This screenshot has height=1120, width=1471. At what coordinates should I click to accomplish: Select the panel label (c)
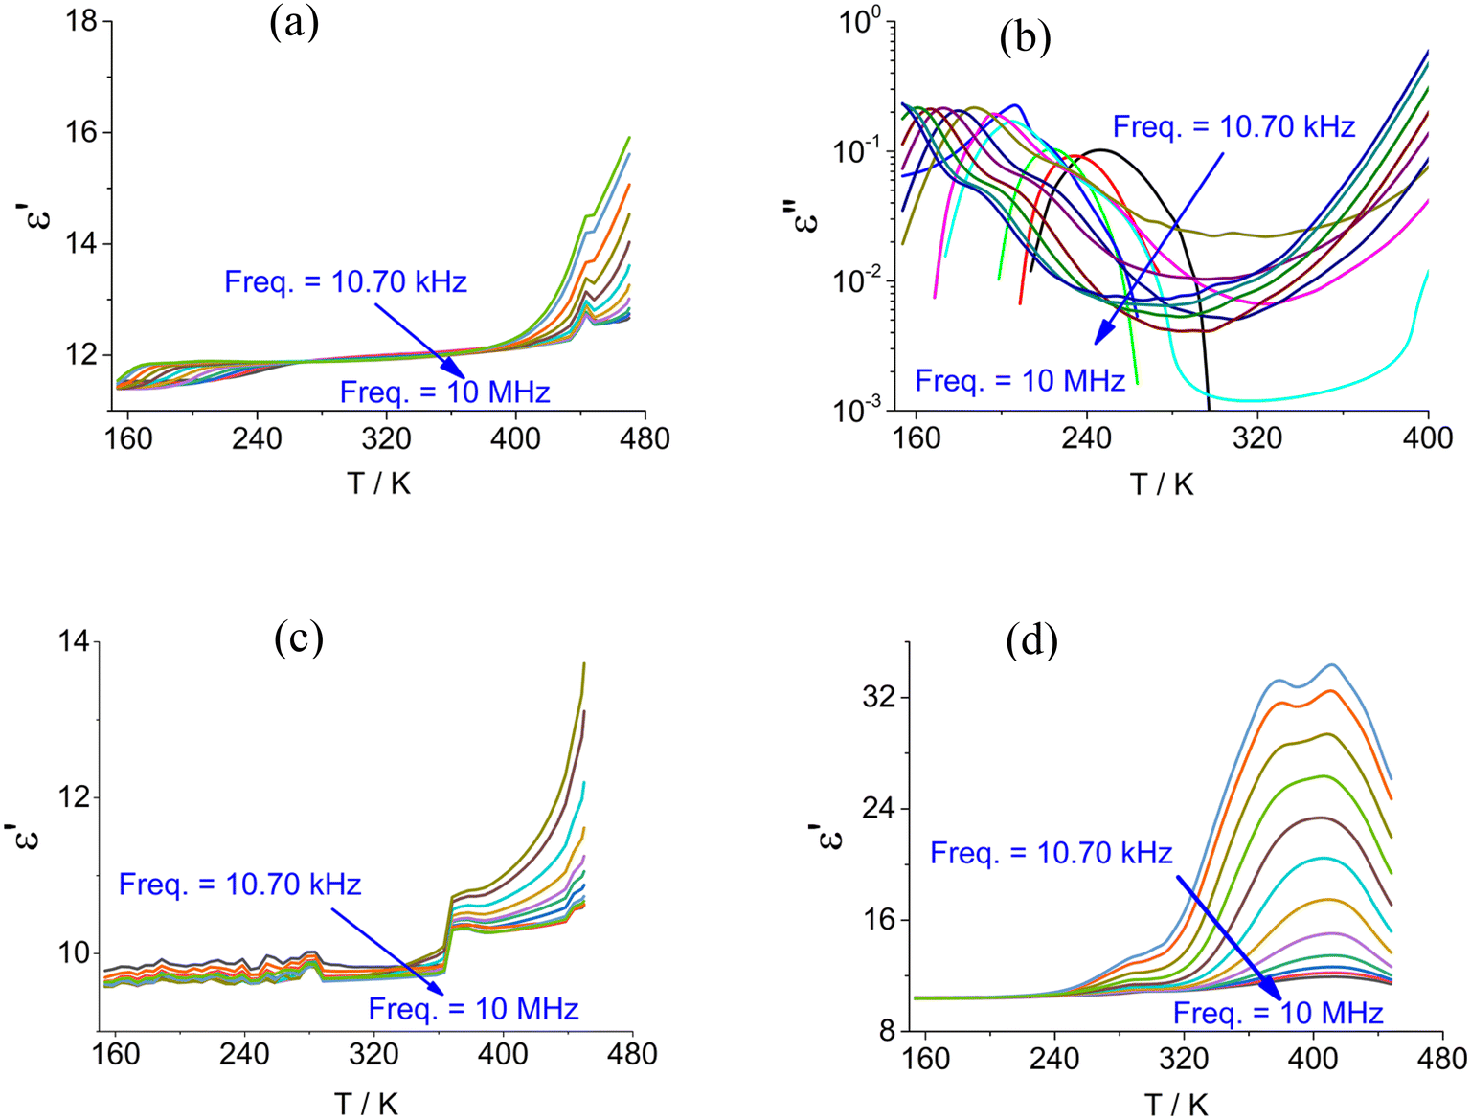299,638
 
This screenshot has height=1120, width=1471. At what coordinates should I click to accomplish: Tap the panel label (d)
1032,640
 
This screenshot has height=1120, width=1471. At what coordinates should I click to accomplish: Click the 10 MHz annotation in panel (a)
444,392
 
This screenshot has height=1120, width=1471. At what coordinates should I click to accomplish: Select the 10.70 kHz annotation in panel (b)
1233,126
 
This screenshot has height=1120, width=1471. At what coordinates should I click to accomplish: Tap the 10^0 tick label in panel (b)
859,21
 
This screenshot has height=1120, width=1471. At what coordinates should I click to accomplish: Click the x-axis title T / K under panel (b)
1162,483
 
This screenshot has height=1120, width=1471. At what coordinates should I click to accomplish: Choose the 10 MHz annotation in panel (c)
473,1009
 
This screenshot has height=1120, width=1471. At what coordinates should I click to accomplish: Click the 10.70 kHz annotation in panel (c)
239,884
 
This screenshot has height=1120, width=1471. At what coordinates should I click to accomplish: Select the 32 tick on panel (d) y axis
876,697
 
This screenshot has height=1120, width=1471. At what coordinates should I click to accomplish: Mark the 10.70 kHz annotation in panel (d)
1051,852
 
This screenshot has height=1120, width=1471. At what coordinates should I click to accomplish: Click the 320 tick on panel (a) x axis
386,439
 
